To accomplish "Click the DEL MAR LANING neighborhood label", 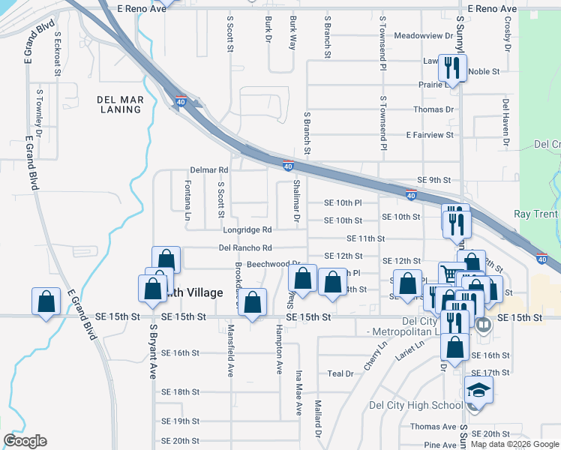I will point(119,104).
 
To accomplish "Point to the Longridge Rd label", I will point(246,229).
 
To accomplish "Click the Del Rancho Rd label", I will point(245,247).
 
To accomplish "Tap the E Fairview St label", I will point(430,135).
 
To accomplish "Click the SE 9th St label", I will point(433,180).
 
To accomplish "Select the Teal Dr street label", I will point(340,373).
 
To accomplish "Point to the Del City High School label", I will point(416,406).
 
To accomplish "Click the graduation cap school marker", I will point(478,390).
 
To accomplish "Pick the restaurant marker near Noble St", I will point(451,67).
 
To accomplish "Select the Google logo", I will point(25,441).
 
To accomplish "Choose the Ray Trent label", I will point(535,214).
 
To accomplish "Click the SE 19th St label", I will point(181,421).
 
